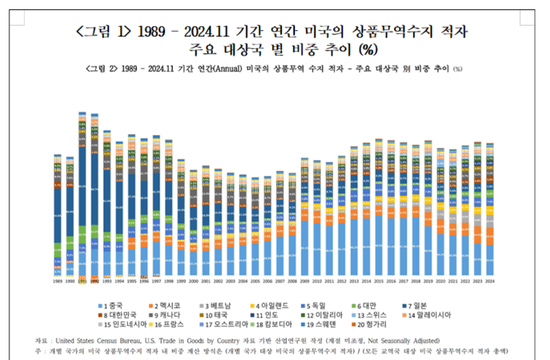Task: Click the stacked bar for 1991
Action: tap(82, 194)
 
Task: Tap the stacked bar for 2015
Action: tap(378, 209)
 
